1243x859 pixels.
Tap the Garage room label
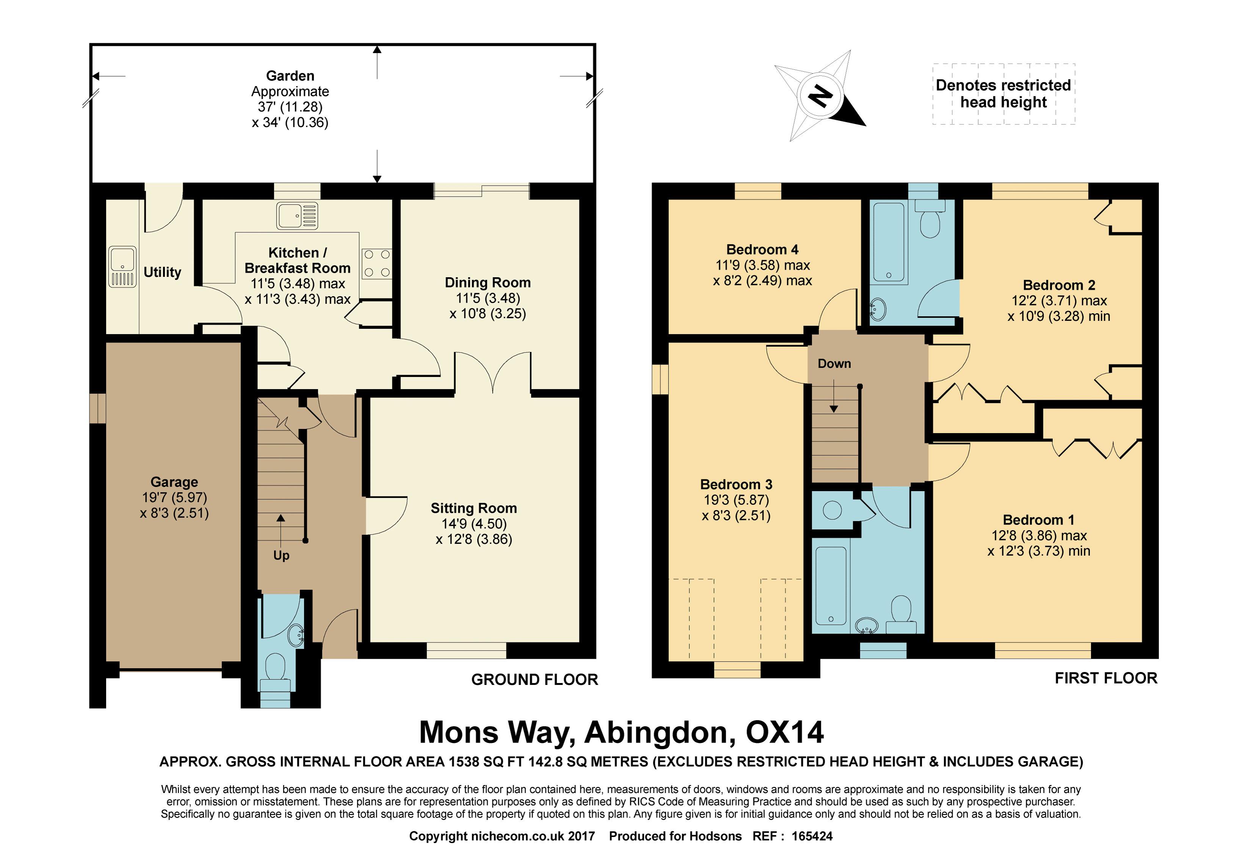[174, 482]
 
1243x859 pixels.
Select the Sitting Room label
[474, 508]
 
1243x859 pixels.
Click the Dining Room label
[488, 283]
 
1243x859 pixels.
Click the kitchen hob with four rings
[377, 263]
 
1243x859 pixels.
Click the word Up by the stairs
[281, 556]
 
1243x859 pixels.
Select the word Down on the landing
[834, 364]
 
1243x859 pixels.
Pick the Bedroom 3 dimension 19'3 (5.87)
[736, 500]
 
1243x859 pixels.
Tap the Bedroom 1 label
[1039, 520]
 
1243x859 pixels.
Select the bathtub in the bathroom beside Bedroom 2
[889, 243]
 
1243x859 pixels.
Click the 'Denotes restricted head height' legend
[1003, 94]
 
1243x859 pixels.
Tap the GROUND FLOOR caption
[535, 680]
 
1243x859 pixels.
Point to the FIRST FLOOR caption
[1106, 678]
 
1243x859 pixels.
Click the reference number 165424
[812, 836]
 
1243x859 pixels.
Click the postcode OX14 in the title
[785, 732]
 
